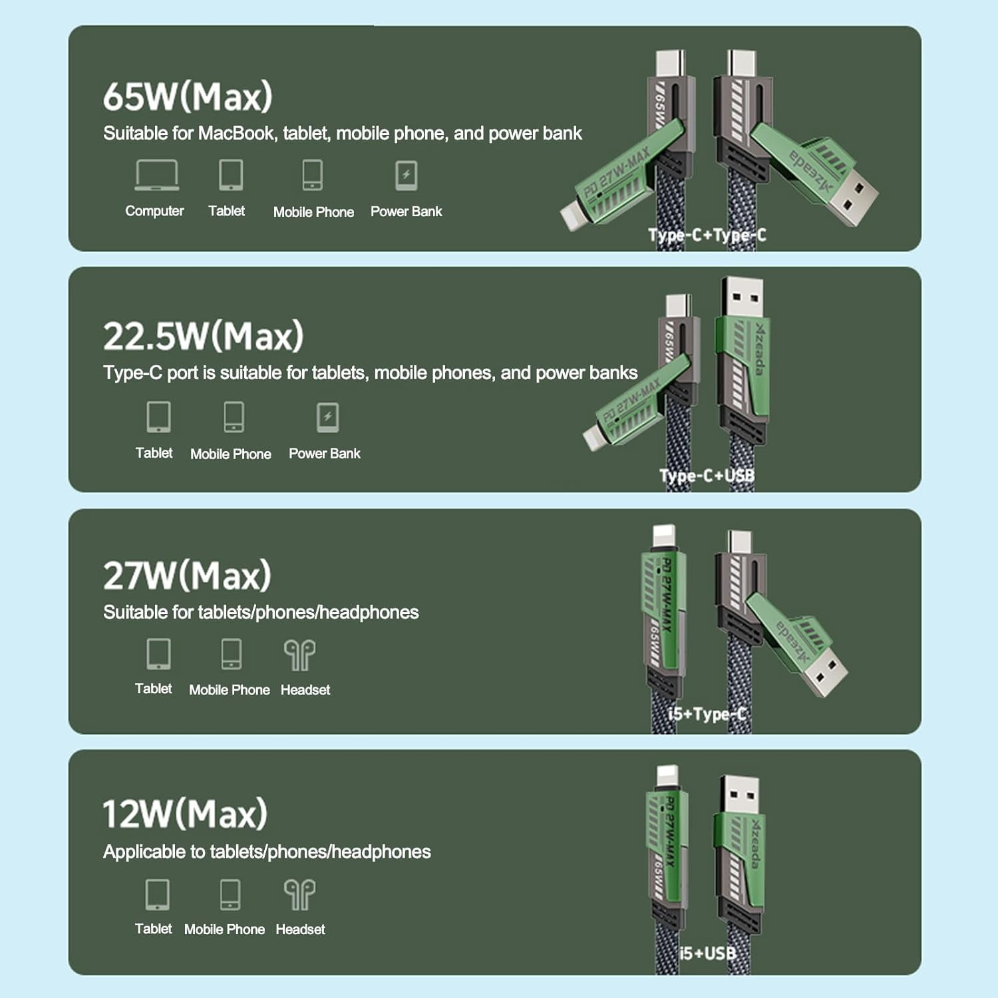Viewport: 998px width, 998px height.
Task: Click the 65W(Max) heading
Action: point(188,96)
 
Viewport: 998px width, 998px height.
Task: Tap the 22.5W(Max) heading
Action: point(203,336)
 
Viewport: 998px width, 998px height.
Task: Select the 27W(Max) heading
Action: point(187,576)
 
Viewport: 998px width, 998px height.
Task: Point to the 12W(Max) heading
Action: point(185,814)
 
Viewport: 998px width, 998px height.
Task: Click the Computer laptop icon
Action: point(156,175)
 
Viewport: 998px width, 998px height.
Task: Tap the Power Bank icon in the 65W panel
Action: point(406,176)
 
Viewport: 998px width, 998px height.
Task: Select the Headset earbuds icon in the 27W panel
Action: point(299,655)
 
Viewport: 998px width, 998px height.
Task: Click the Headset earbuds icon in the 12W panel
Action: point(299,895)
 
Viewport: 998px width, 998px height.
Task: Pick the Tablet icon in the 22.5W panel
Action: point(158,417)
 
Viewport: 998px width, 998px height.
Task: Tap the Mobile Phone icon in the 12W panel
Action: point(230,895)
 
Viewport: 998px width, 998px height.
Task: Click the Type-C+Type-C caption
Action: point(707,235)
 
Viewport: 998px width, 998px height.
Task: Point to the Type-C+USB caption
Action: point(707,476)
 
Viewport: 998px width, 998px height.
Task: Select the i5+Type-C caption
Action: point(707,714)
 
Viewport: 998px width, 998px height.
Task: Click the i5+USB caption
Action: point(707,953)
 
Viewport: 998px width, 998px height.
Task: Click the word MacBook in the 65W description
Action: point(236,134)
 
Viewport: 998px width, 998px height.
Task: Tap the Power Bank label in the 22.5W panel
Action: point(324,454)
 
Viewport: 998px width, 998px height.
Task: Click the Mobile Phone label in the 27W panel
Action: point(230,690)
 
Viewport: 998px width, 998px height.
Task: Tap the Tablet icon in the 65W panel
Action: point(231,175)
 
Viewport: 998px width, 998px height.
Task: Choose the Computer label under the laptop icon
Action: point(154,211)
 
